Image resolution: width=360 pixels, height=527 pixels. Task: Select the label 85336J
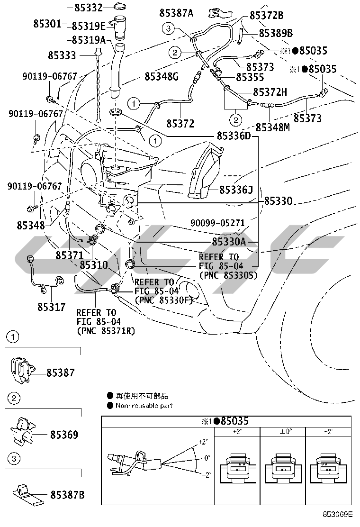(x=235, y=190)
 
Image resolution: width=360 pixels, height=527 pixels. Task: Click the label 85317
(x=52, y=307)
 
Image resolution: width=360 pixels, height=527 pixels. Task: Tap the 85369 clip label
(x=64, y=434)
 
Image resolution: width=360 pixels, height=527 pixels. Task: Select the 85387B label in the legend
(x=67, y=495)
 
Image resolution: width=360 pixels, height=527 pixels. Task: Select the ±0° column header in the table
(x=282, y=432)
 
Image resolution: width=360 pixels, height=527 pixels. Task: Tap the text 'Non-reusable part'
(x=144, y=406)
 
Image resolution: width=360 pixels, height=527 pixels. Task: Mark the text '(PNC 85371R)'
(x=106, y=331)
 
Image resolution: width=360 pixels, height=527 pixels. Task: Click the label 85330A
(x=229, y=242)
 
